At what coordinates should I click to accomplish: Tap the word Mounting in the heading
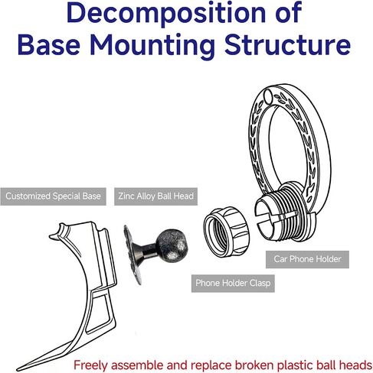pyautogui.click(x=152, y=45)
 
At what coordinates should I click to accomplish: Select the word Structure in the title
pyautogui.click(x=287, y=44)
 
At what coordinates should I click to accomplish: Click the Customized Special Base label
pyautogui.click(x=53, y=196)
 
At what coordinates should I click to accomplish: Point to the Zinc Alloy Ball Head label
pyautogui.click(x=155, y=196)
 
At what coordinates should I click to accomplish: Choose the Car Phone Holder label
pyautogui.click(x=307, y=259)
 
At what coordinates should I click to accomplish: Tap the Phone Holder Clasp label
pyautogui.click(x=233, y=283)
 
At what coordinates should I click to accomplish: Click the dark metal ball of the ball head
pyautogui.click(x=172, y=244)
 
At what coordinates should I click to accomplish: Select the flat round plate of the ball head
pyautogui.click(x=132, y=255)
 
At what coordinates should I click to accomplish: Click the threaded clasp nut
pyautogui.click(x=226, y=232)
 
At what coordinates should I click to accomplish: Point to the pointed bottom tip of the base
pyautogui.click(x=18, y=369)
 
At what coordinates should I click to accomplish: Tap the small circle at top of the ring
pyautogui.click(x=267, y=96)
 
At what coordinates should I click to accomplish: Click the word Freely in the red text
pyautogui.click(x=90, y=365)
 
